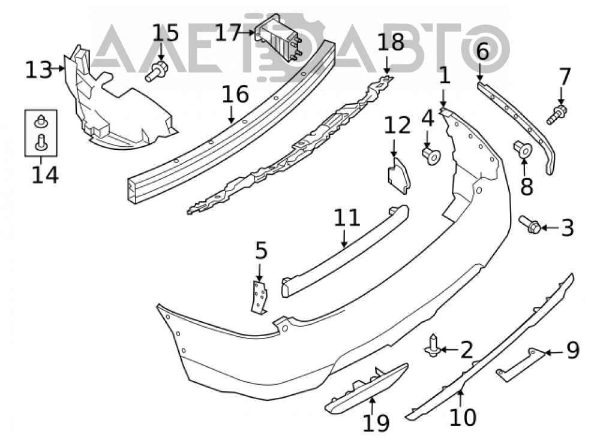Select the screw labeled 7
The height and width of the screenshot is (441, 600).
pos(557,114)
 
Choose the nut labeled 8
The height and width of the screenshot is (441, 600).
pos(523,149)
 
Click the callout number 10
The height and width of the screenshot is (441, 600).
pos(463,416)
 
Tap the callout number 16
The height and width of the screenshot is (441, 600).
pos(235,94)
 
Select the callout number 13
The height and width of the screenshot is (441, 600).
pos(38,70)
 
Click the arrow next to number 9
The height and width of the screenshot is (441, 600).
pos(554,352)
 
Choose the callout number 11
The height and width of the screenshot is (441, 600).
pos(347,218)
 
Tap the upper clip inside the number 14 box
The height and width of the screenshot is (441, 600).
pos(41,122)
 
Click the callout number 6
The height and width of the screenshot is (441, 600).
pos(482,51)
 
